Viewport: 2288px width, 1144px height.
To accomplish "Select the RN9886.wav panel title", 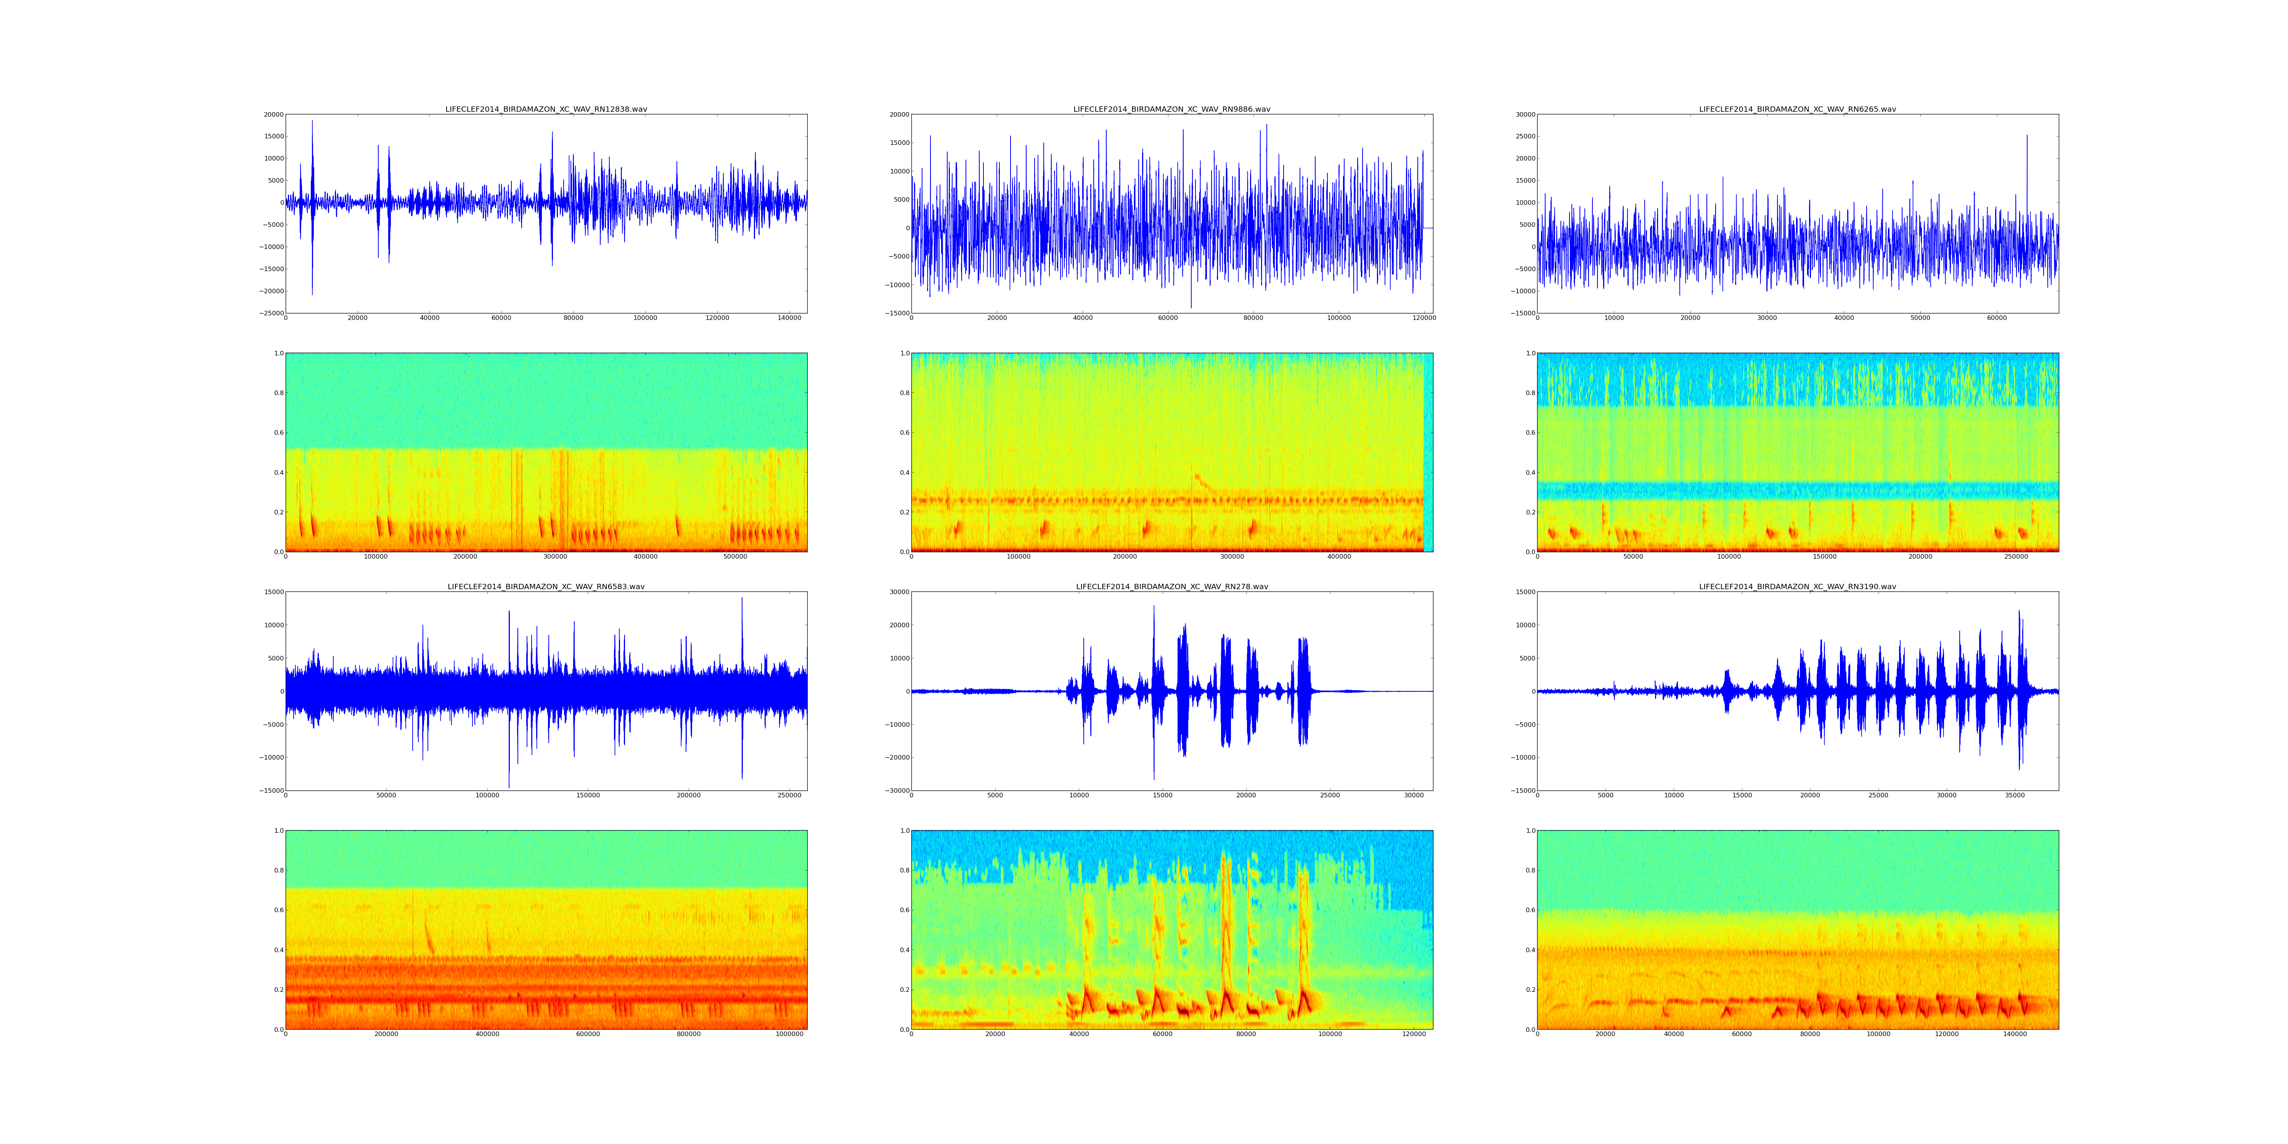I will (1171, 109).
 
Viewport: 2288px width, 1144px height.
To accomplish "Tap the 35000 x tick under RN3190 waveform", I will (2015, 795).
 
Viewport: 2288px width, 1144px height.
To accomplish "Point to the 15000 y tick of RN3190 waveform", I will (1523, 593).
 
